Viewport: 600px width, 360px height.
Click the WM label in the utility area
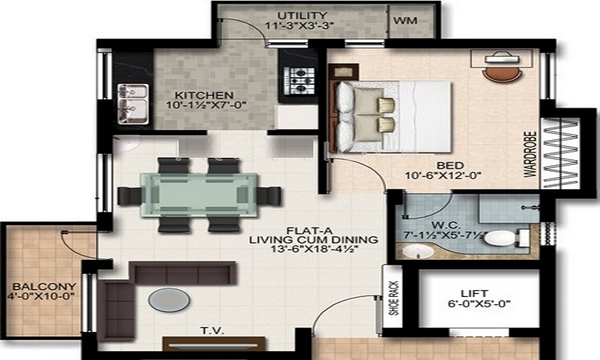(x=405, y=20)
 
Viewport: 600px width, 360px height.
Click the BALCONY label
(x=37, y=286)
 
